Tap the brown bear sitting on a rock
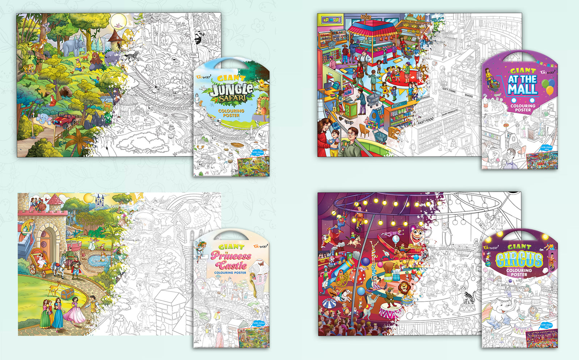click(x=96, y=60)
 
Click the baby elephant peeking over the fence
click(x=43, y=118)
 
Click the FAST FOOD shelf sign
click(x=425, y=121)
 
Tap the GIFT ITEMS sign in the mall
click(x=449, y=90)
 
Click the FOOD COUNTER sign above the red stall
click(x=365, y=17)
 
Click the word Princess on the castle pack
click(x=231, y=256)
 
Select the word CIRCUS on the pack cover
click(x=519, y=260)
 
